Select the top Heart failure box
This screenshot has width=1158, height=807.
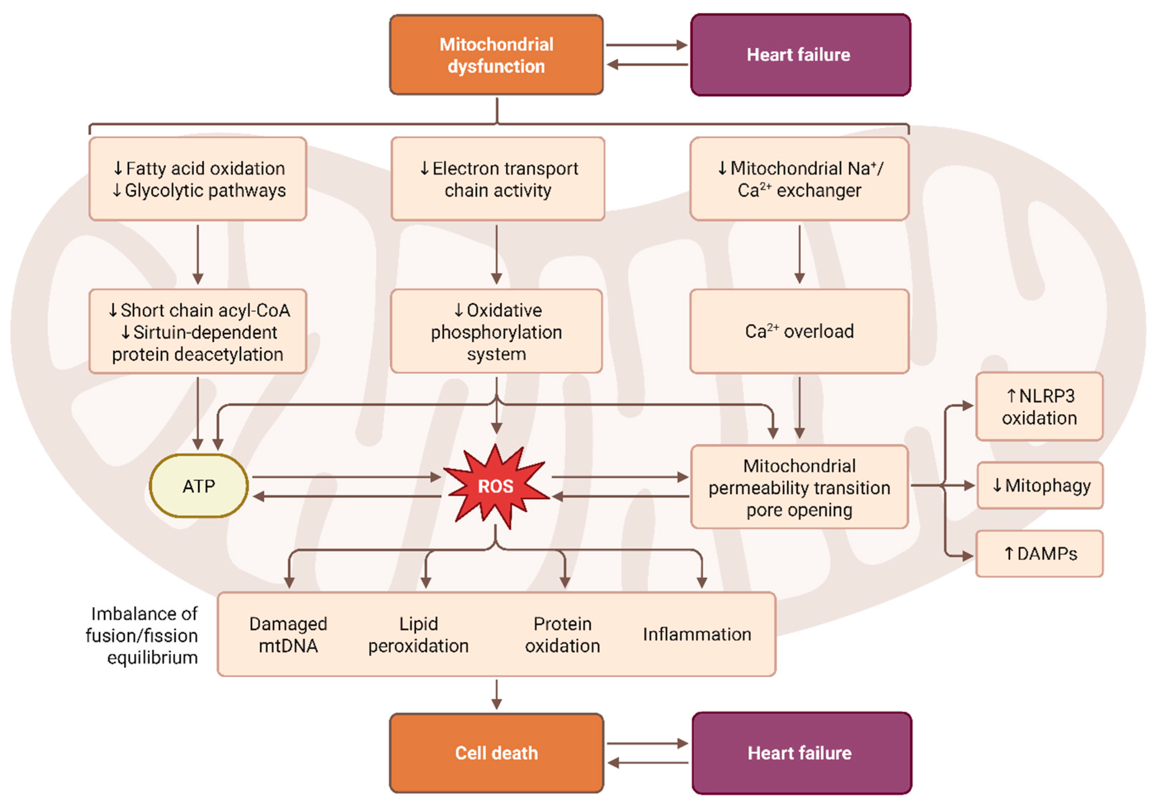(800, 54)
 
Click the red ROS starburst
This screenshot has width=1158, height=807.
(495, 486)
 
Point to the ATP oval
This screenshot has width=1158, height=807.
(199, 486)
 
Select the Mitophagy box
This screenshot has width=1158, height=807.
(1040, 485)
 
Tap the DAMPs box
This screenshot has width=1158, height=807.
(1039, 554)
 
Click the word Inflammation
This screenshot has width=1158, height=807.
(696, 634)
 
